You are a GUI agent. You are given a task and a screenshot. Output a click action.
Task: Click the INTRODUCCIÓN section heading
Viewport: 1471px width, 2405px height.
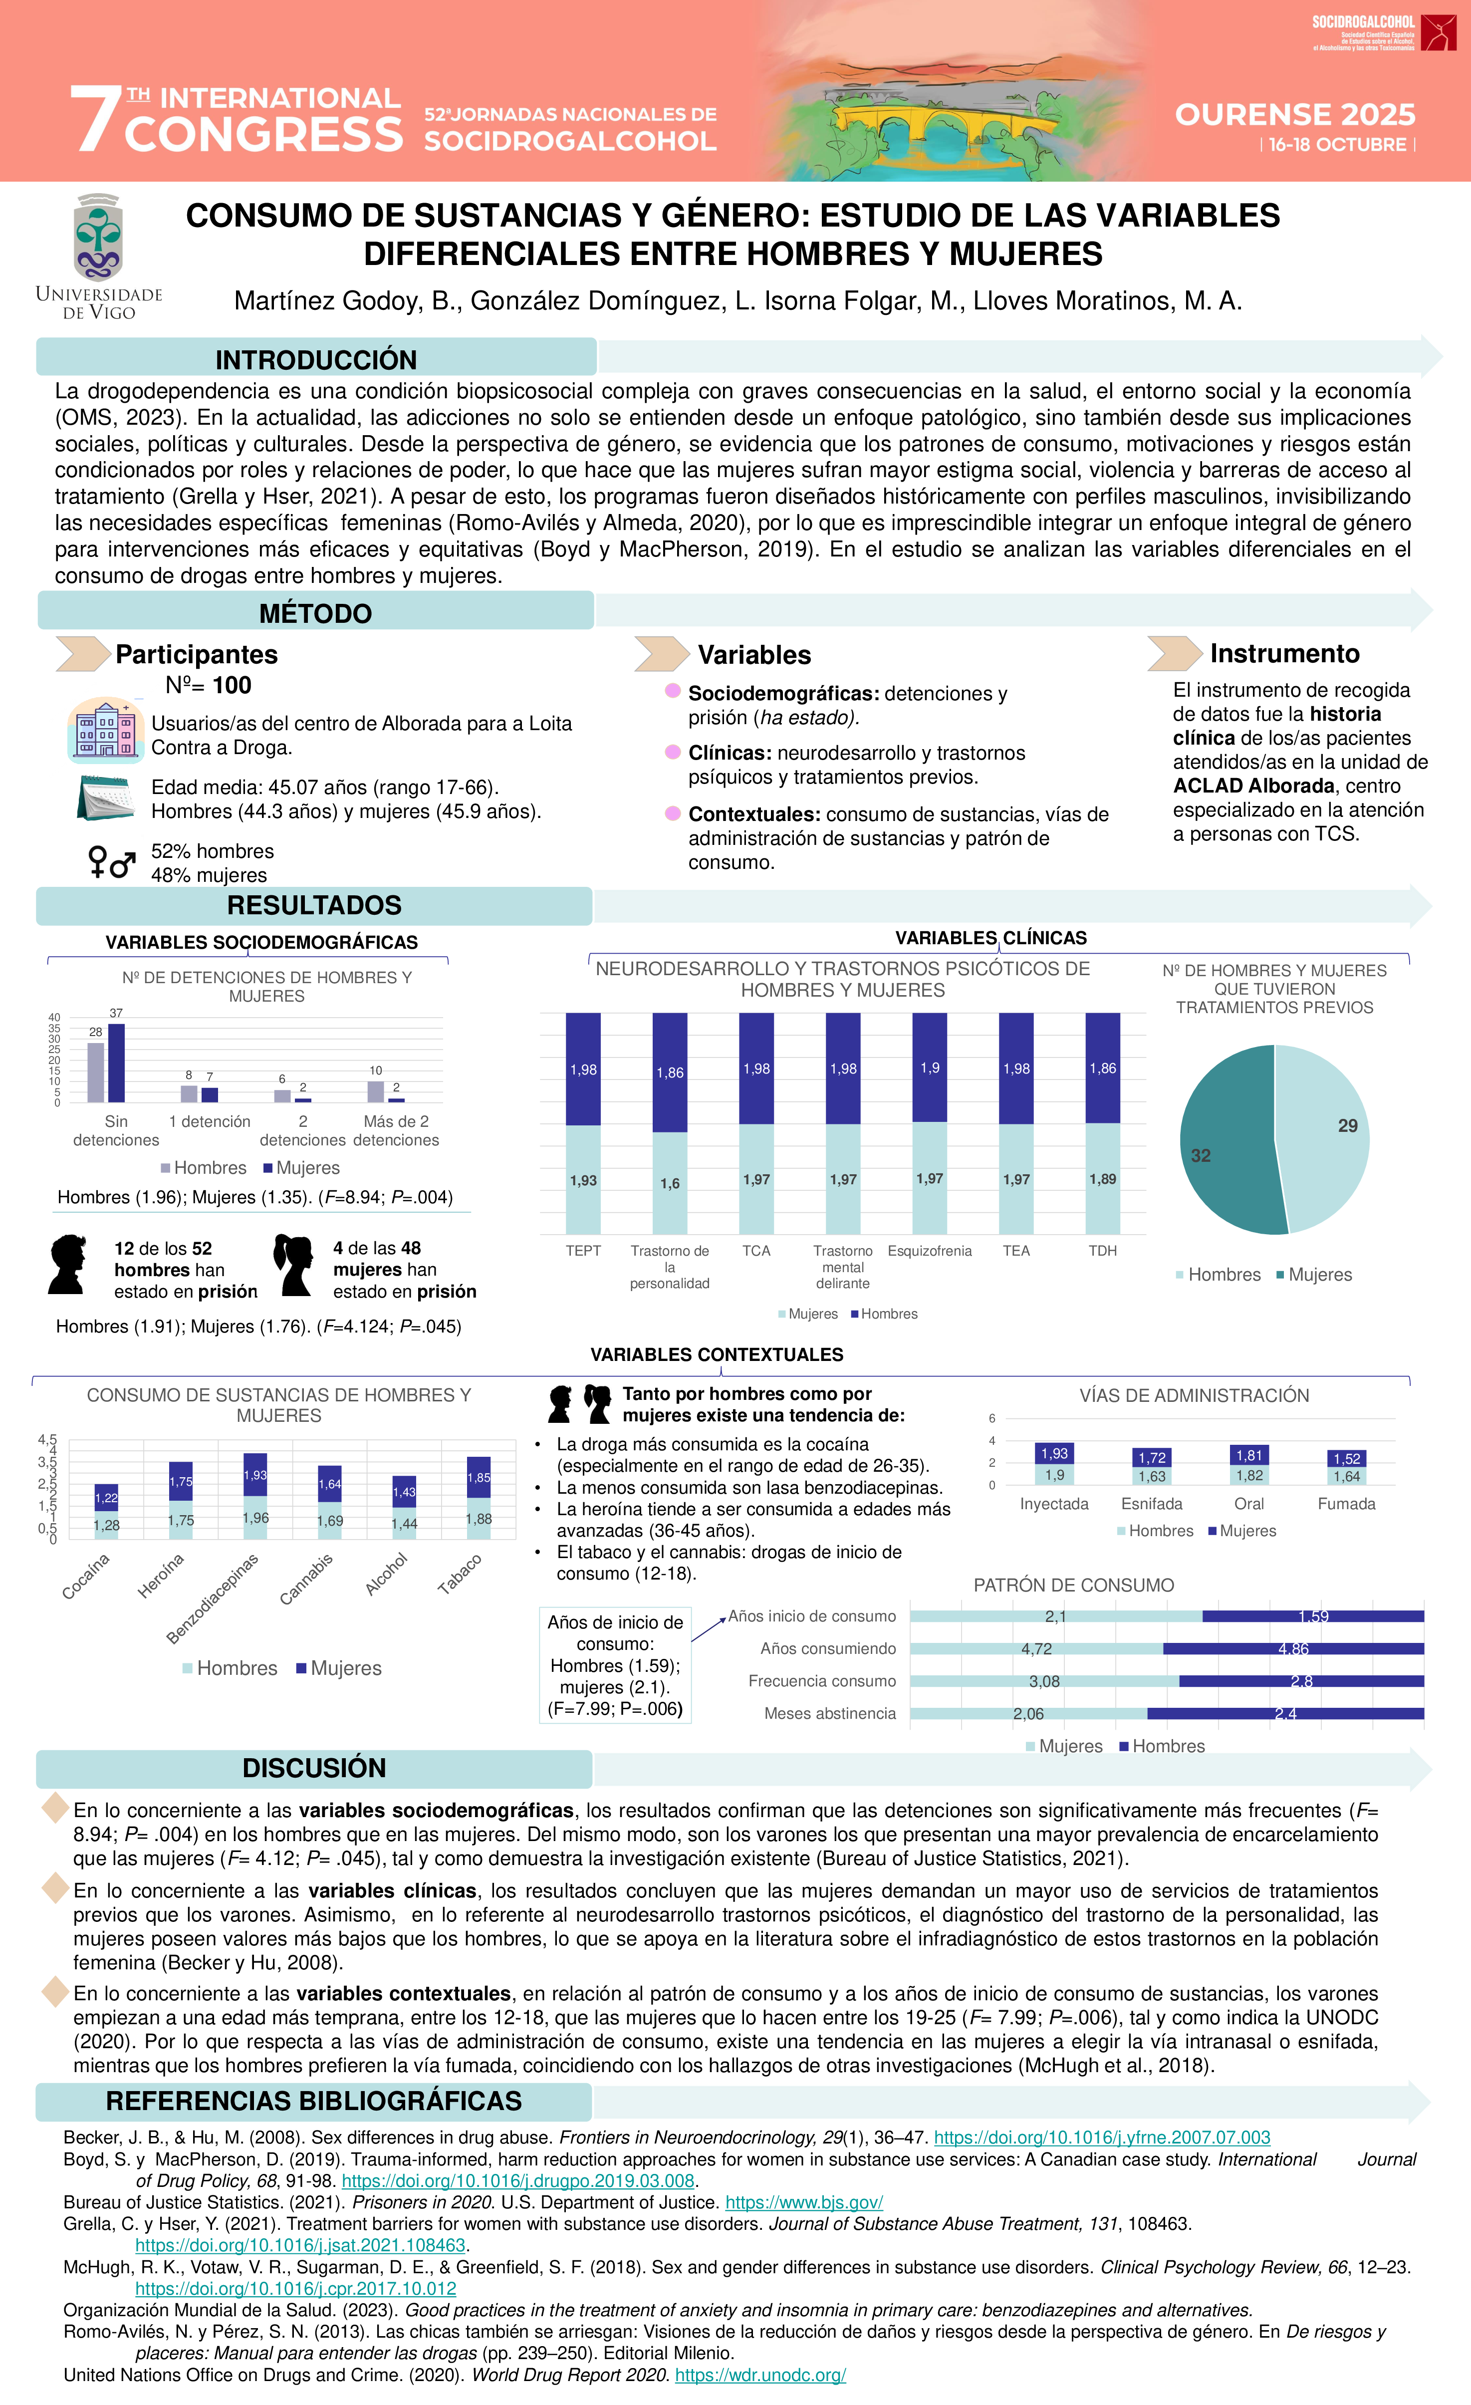[x=315, y=359]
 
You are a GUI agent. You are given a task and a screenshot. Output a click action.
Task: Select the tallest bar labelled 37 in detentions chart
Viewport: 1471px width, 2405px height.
[x=116, y=1062]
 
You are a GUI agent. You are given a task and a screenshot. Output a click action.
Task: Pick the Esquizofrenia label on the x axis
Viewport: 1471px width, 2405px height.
[x=929, y=1250]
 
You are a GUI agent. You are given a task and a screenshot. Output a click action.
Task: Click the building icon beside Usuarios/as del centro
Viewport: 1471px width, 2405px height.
[x=105, y=730]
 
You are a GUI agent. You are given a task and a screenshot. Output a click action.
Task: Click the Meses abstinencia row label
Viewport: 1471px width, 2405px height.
[x=830, y=1713]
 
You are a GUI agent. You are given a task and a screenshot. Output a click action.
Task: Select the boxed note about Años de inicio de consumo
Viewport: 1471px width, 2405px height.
[x=615, y=1665]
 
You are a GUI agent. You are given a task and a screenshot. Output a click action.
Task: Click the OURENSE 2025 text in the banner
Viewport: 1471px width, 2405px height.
[x=1294, y=114]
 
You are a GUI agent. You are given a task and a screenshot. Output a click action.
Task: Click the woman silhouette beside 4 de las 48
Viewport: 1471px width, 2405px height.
[x=293, y=1265]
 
